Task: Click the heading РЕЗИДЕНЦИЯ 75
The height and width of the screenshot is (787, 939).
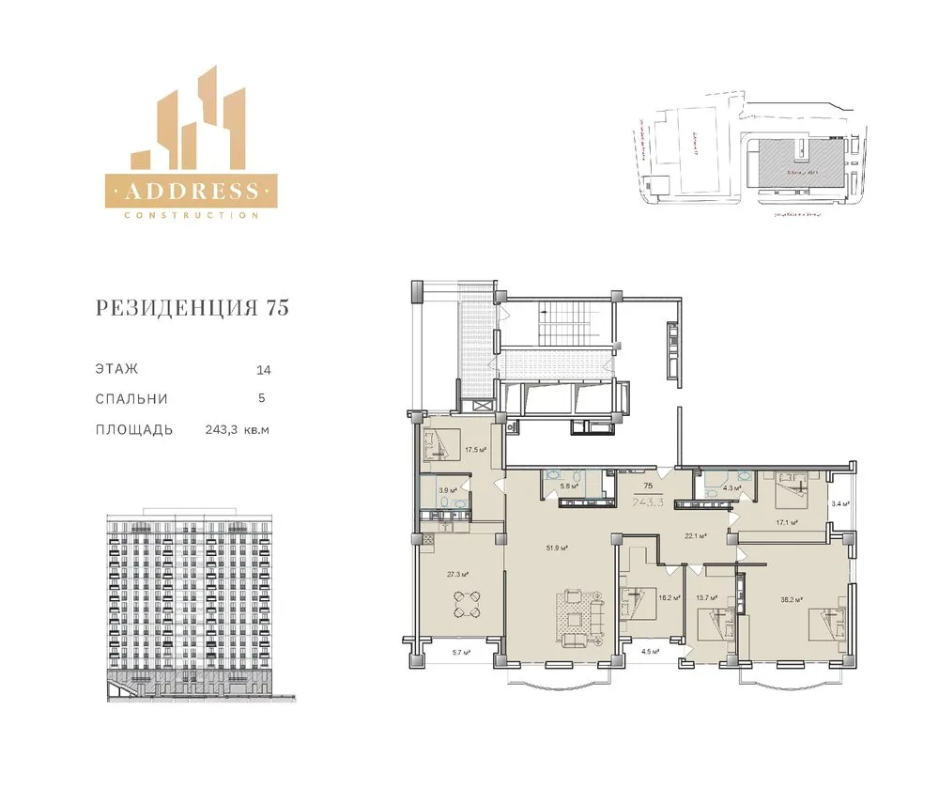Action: tap(192, 308)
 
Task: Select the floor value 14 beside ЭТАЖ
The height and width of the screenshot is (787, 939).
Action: tap(262, 369)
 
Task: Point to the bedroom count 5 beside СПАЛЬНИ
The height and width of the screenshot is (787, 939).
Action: tap(262, 398)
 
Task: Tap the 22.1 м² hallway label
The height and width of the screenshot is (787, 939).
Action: tap(695, 535)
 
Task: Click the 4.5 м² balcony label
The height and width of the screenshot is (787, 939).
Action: tap(650, 650)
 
